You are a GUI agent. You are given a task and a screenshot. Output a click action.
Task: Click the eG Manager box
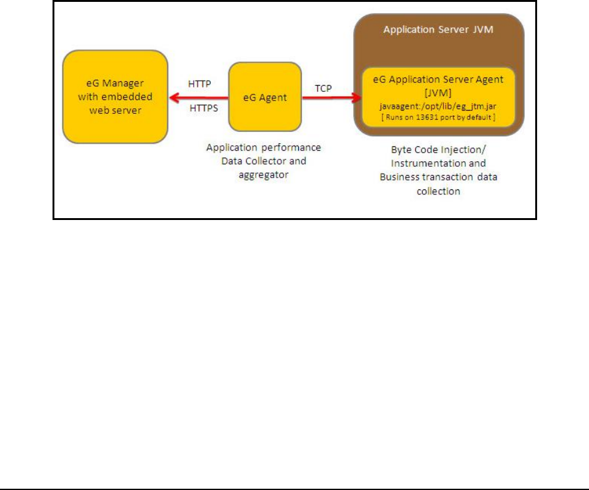point(115,97)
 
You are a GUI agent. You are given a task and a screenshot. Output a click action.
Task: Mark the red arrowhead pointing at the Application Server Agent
point(358,97)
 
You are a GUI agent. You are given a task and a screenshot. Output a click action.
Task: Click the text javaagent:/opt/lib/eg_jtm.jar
point(433,106)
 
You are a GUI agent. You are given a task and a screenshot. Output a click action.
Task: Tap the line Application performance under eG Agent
point(263,147)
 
